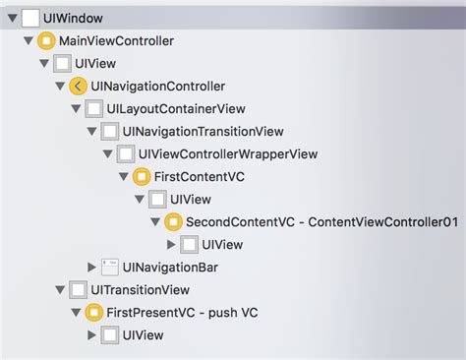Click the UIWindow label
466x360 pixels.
tap(74, 18)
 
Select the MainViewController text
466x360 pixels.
tap(117, 41)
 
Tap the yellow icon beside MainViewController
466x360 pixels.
tap(45, 41)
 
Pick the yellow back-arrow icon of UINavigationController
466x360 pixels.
tap(78, 87)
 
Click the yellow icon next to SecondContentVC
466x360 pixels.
tap(173, 222)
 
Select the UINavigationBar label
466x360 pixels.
tap(170, 267)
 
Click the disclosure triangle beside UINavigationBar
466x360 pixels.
tap(92, 267)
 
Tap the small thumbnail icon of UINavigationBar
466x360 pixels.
tap(109, 267)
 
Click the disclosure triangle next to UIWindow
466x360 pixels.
tap(10, 18)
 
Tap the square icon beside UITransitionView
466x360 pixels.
tap(78, 290)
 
